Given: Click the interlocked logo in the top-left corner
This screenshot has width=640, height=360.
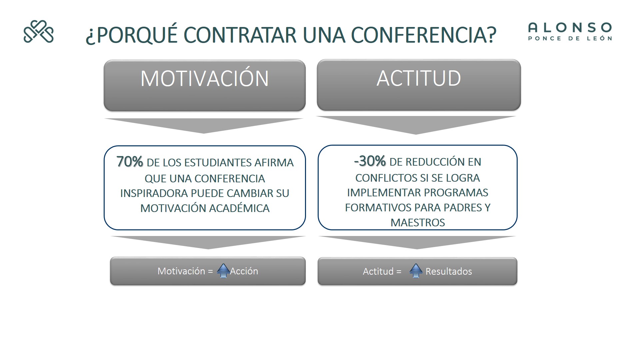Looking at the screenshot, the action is click(38, 32).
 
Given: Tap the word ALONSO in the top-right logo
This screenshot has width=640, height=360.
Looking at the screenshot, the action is click(570, 28).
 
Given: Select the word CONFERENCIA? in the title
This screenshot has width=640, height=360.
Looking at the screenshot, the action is click(424, 35).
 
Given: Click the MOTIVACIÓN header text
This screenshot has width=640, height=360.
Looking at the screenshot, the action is click(205, 79).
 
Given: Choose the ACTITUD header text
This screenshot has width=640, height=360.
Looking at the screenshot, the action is click(419, 78).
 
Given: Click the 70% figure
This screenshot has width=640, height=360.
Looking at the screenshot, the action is click(130, 162).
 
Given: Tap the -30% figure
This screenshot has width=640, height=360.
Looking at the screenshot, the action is click(370, 161).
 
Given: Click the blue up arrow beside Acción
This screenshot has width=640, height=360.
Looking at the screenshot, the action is click(223, 270).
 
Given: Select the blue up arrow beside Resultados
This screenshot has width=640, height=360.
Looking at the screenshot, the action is click(416, 271).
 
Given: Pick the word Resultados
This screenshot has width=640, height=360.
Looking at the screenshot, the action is click(449, 271).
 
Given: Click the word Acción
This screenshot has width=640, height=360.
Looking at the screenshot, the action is click(244, 271).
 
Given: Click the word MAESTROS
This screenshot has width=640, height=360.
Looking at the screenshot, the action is click(418, 223).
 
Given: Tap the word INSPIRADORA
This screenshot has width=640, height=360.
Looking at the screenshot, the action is click(154, 193).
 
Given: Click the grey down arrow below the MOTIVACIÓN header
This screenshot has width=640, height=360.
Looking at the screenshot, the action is click(204, 126).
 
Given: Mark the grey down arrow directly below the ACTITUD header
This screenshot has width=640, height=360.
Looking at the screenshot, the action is click(416, 125).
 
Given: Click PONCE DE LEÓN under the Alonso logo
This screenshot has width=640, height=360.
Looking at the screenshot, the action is click(570, 38).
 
